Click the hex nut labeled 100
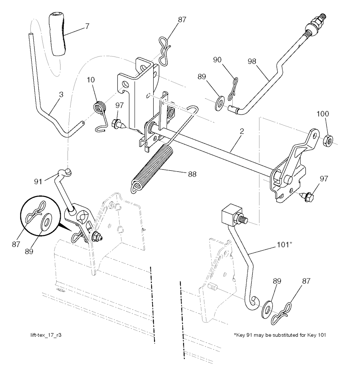pos(328,140)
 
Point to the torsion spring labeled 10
pos(100,107)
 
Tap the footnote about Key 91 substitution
pos(280,335)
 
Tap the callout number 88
pos(192,174)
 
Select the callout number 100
pos(323,114)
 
